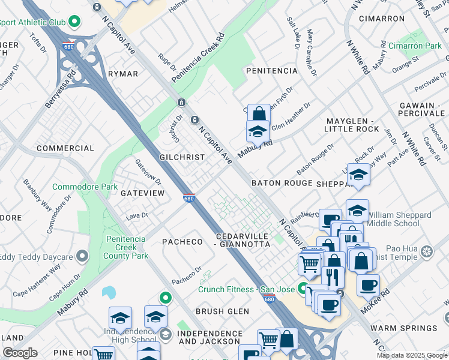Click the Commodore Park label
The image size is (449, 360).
point(85,187)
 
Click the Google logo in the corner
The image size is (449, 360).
point(20,353)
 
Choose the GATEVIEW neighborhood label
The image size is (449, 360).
point(142,193)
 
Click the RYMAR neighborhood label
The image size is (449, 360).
point(122,74)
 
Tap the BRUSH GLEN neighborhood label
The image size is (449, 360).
point(222,311)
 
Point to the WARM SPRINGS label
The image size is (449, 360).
point(403,328)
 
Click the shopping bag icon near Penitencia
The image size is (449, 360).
point(258,113)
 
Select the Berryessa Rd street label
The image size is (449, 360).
point(61,89)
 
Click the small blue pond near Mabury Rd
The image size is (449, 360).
point(109,293)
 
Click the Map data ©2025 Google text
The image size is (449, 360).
point(412,355)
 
